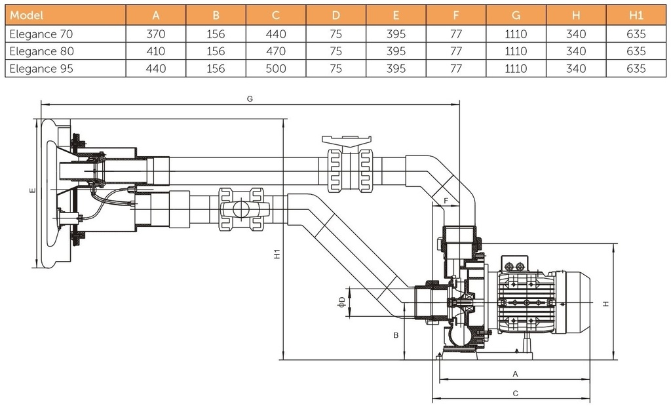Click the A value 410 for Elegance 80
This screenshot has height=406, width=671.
156,51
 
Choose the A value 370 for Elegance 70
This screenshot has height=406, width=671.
156,33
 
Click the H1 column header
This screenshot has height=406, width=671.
636,15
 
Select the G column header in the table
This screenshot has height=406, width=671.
516,15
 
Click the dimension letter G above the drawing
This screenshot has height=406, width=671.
250,98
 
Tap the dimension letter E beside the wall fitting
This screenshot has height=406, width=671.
31,191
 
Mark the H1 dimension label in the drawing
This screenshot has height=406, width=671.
277,254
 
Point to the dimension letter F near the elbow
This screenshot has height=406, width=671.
446,200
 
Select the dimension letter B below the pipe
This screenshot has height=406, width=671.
396,335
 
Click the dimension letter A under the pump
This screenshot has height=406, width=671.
515,373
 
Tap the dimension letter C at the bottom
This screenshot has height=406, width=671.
515,394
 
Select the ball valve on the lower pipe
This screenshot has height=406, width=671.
240,209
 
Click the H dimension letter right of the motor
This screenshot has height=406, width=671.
606,304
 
